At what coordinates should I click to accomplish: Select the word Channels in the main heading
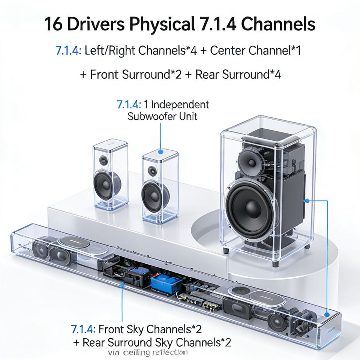(277, 25)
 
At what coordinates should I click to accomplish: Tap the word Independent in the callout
(180, 104)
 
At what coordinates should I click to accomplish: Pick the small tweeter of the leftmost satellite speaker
(103, 161)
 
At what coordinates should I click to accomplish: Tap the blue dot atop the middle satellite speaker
(160, 152)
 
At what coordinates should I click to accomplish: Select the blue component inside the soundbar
(166, 284)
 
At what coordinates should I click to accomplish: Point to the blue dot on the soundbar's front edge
(122, 285)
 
